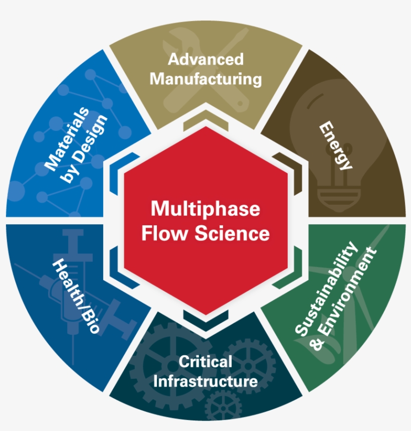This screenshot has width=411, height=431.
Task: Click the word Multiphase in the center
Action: click(205, 208)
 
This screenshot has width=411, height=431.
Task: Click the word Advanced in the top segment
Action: click(205, 59)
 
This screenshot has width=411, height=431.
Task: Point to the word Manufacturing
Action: click(205, 79)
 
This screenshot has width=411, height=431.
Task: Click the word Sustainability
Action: click(326, 288)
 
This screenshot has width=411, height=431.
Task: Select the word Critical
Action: click(205, 361)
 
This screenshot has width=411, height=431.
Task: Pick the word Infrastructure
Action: click(205, 381)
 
